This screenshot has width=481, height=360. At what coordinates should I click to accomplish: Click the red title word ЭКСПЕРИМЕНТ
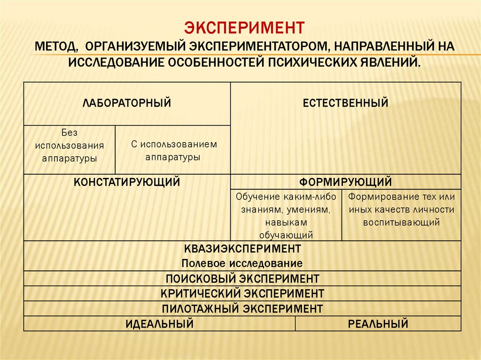[244, 27]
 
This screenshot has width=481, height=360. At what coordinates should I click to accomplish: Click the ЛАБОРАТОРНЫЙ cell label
[127, 103]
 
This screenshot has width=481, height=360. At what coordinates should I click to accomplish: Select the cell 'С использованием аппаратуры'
[173, 151]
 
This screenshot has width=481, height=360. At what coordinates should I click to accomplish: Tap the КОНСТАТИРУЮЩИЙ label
[127, 182]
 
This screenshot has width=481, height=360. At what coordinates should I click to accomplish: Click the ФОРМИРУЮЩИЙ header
[346, 182]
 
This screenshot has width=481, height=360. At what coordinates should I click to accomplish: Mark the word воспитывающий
[401, 222]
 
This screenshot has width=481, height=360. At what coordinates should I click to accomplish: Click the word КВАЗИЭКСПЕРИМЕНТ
[242, 248]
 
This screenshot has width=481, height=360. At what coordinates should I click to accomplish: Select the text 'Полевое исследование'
[242, 263]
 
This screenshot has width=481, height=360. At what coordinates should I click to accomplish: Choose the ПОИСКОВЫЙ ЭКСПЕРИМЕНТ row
[242, 278]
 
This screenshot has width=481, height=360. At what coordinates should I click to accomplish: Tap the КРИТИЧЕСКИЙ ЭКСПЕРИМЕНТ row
[242, 294]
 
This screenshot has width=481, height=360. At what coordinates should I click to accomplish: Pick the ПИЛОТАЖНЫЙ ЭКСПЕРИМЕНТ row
[242, 309]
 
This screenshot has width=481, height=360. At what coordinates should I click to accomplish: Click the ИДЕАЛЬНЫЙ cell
[159, 323]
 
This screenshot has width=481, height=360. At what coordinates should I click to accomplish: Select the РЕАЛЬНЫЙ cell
[378, 323]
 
